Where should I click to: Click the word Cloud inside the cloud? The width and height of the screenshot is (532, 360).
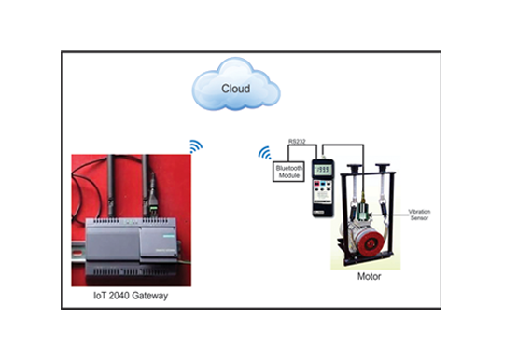click(x=235, y=89)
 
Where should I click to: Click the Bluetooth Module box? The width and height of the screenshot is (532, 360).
click(x=287, y=171)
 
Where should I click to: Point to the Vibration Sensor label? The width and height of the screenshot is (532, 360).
click(x=419, y=215)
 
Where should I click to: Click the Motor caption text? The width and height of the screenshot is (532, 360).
click(x=370, y=277)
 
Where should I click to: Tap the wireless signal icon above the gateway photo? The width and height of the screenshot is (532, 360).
click(x=195, y=146)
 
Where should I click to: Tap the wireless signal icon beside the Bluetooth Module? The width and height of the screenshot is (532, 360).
click(x=265, y=152)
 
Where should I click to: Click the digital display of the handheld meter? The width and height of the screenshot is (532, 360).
click(x=322, y=169)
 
